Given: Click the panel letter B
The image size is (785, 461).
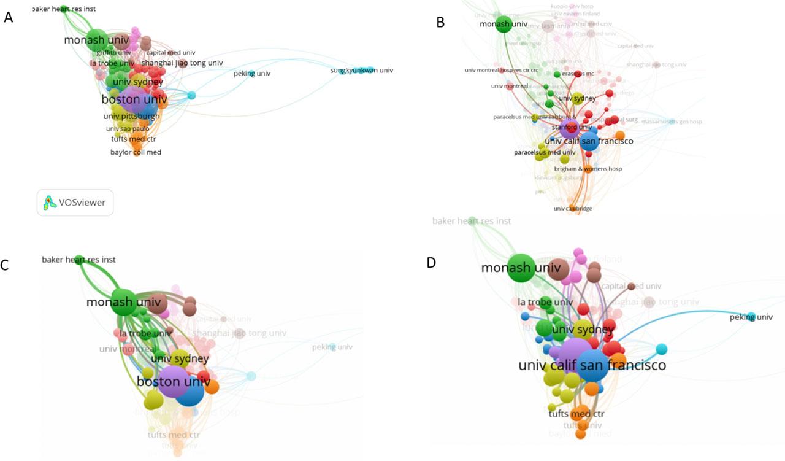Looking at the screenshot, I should (440, 23).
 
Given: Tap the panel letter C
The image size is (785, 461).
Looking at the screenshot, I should (7, 265).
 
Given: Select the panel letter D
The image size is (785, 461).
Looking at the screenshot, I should (432, 263).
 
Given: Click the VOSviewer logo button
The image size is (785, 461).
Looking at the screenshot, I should (75, 202).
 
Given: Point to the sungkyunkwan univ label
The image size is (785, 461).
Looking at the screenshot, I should (361, 71).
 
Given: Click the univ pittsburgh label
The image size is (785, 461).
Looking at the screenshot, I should (132, 116).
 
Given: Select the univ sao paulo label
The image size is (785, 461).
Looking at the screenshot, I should (128, 129).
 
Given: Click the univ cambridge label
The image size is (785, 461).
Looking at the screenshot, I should (573, 209).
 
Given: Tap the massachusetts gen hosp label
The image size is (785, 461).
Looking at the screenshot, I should (672, 122).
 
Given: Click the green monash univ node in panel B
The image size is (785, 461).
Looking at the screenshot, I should (504, 25).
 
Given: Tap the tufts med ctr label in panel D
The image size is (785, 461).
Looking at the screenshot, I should (576, 414).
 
